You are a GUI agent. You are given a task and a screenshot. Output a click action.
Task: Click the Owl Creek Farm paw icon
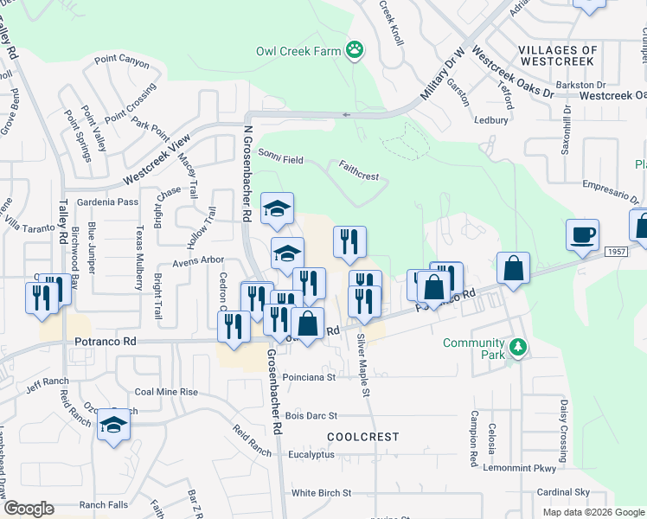355,50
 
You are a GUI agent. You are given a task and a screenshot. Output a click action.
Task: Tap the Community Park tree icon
518,348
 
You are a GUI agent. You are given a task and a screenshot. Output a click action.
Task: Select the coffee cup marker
582,234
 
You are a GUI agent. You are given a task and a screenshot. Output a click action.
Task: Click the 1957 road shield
616,250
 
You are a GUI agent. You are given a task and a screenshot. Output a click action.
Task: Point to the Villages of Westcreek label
557,56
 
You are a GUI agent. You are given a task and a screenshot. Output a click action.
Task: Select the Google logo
29,508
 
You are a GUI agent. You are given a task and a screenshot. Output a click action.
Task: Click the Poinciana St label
308,377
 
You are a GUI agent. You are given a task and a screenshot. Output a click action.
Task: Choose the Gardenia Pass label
107,202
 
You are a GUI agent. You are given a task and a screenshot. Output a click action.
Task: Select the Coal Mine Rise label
166,392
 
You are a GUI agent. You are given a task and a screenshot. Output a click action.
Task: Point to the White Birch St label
321,493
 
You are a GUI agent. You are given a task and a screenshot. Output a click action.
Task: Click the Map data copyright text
593,512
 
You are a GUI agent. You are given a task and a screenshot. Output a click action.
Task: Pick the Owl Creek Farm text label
298,51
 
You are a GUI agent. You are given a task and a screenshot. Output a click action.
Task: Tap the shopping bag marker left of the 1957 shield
514,268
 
